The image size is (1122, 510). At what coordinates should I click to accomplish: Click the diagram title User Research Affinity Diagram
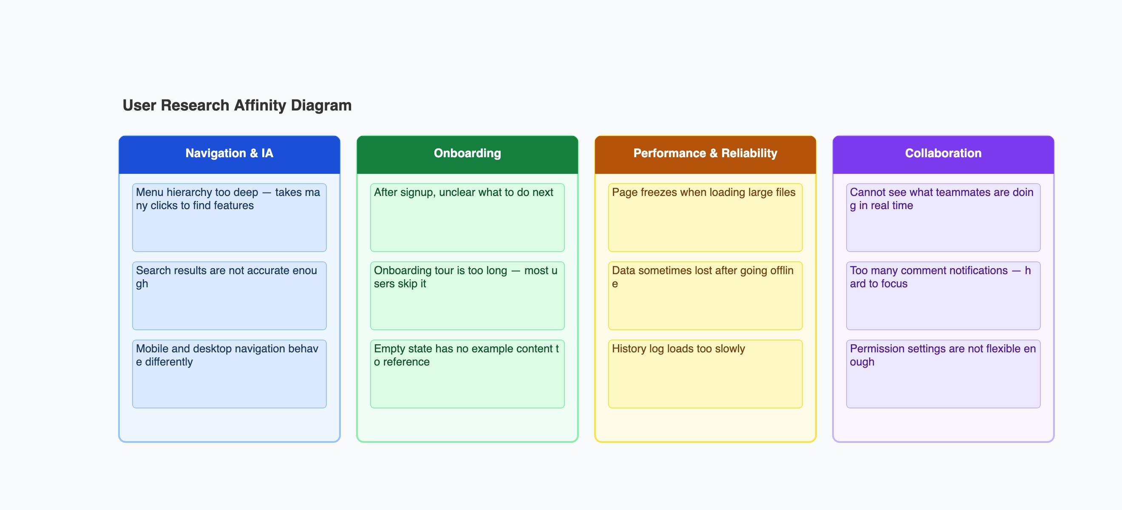(237, 105)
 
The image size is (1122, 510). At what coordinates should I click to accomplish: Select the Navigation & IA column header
(229, 153)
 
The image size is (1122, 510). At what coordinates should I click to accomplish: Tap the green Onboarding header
(467, 153)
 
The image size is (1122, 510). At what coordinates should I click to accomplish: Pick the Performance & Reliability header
(705, 153)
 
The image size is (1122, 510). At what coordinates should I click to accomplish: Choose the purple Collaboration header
(943, 153)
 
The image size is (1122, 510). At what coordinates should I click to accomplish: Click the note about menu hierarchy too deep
(229, 217)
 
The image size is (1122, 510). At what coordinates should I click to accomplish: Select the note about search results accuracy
(229, 296)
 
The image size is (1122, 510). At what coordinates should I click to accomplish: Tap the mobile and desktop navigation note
(229, 374)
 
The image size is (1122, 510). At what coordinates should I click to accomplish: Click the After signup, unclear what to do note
(467, 217)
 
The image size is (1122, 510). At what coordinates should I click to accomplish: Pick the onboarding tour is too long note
(467, 296)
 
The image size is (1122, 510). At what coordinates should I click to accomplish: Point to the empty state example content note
(467, 374)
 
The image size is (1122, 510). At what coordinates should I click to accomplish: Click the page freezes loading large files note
(705, 217)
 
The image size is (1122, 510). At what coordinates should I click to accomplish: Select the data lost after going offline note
(705, 296)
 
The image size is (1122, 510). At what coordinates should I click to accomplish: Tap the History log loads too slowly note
(705, 374)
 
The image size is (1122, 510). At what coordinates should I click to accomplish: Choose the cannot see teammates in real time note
(943, 217)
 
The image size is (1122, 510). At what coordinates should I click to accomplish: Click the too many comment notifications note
(943, 296)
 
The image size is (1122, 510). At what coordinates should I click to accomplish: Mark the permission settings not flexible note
(943, 374)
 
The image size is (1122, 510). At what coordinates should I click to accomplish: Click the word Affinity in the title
(260, 105)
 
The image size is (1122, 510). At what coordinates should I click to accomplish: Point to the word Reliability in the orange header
(749, 153)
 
